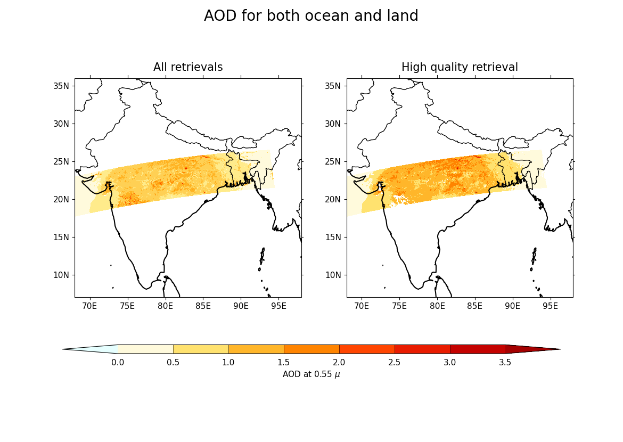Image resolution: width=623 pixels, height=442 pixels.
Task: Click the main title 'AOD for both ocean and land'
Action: (x=311, y=16)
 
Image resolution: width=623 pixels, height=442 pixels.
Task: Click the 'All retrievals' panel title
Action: (x=188, y=67)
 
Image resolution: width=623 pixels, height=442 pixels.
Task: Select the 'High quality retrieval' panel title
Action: (x=460, y=67)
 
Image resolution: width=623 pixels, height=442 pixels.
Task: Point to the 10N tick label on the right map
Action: (x=335, y=275)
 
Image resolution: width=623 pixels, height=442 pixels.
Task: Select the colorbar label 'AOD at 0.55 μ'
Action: (x=311, y=374)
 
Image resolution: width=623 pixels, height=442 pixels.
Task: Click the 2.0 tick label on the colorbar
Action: (x=339, y=363)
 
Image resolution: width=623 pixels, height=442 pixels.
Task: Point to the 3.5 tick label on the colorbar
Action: (x=505, y=363)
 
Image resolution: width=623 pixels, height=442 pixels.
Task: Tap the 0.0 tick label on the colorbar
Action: (x=118, y=363)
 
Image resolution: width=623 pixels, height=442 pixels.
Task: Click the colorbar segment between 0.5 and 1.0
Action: (x=201, y=349)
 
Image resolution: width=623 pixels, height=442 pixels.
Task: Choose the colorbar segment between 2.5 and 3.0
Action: (x=422, y=349)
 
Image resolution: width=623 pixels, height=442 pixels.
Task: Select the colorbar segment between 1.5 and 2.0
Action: (x=311, y=349)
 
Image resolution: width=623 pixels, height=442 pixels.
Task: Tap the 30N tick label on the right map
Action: (x=335, y=124)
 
